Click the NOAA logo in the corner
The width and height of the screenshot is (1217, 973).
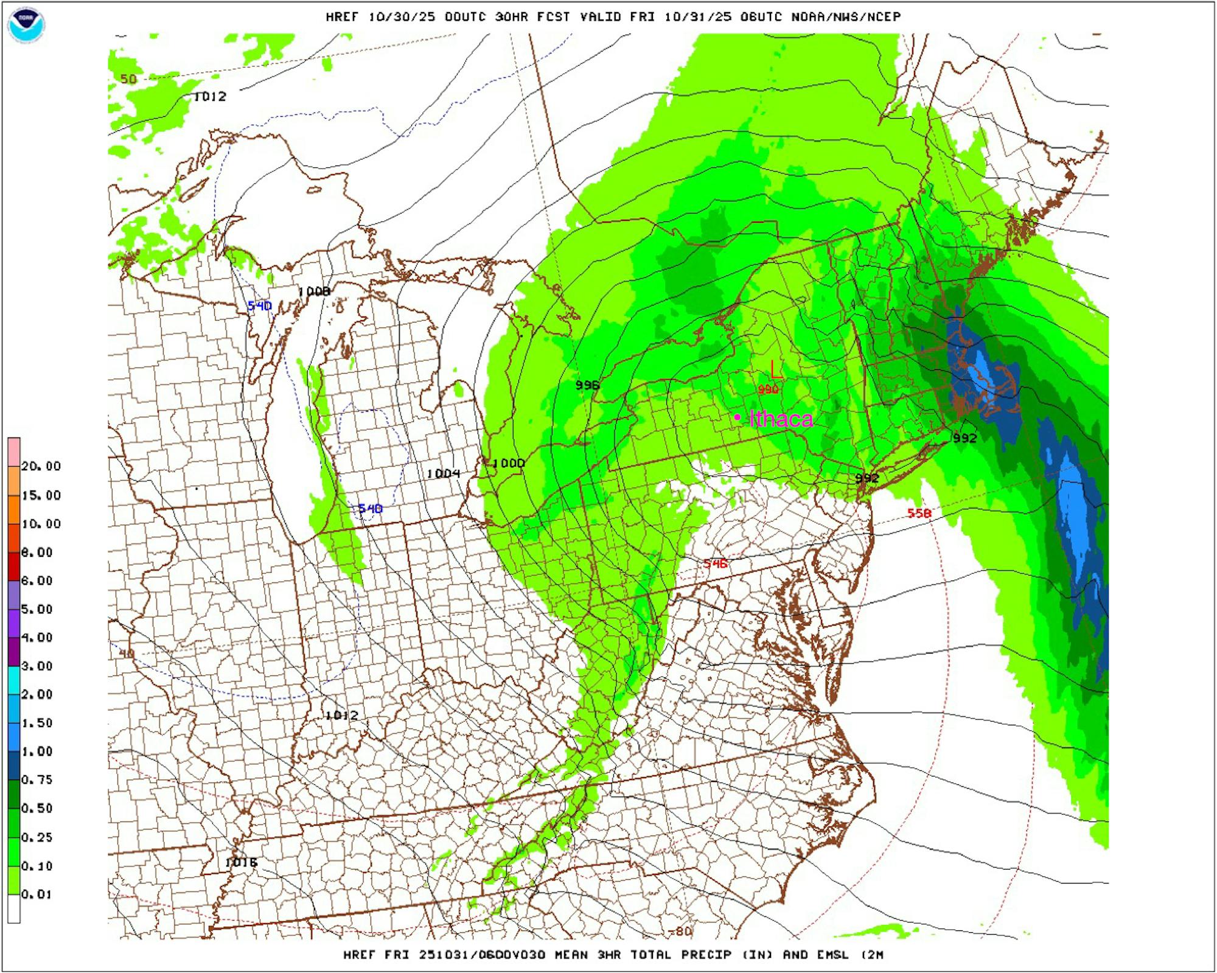coord(26,24)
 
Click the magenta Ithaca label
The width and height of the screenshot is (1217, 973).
coord(781,419)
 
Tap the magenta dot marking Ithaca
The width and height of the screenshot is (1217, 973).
coord(737,417)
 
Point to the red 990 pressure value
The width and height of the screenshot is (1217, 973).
coord(769,389)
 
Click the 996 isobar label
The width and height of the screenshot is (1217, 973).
coord(587,385)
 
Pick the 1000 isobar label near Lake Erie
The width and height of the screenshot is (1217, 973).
coord(508,463)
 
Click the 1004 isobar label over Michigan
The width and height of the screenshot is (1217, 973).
coord(443,473)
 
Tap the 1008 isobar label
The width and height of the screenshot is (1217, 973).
coord(314,292)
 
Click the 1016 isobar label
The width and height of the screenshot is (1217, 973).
coord(241,862)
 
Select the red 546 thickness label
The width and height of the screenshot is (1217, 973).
coord(716,563)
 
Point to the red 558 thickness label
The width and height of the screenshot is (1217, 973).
coord(919,513)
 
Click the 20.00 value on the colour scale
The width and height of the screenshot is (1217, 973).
coord(41,466)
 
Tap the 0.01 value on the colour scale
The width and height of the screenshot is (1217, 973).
coord(37,895)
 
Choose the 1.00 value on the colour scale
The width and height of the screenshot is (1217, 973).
coord(37,752)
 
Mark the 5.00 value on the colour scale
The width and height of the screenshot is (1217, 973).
coord(37,609)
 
